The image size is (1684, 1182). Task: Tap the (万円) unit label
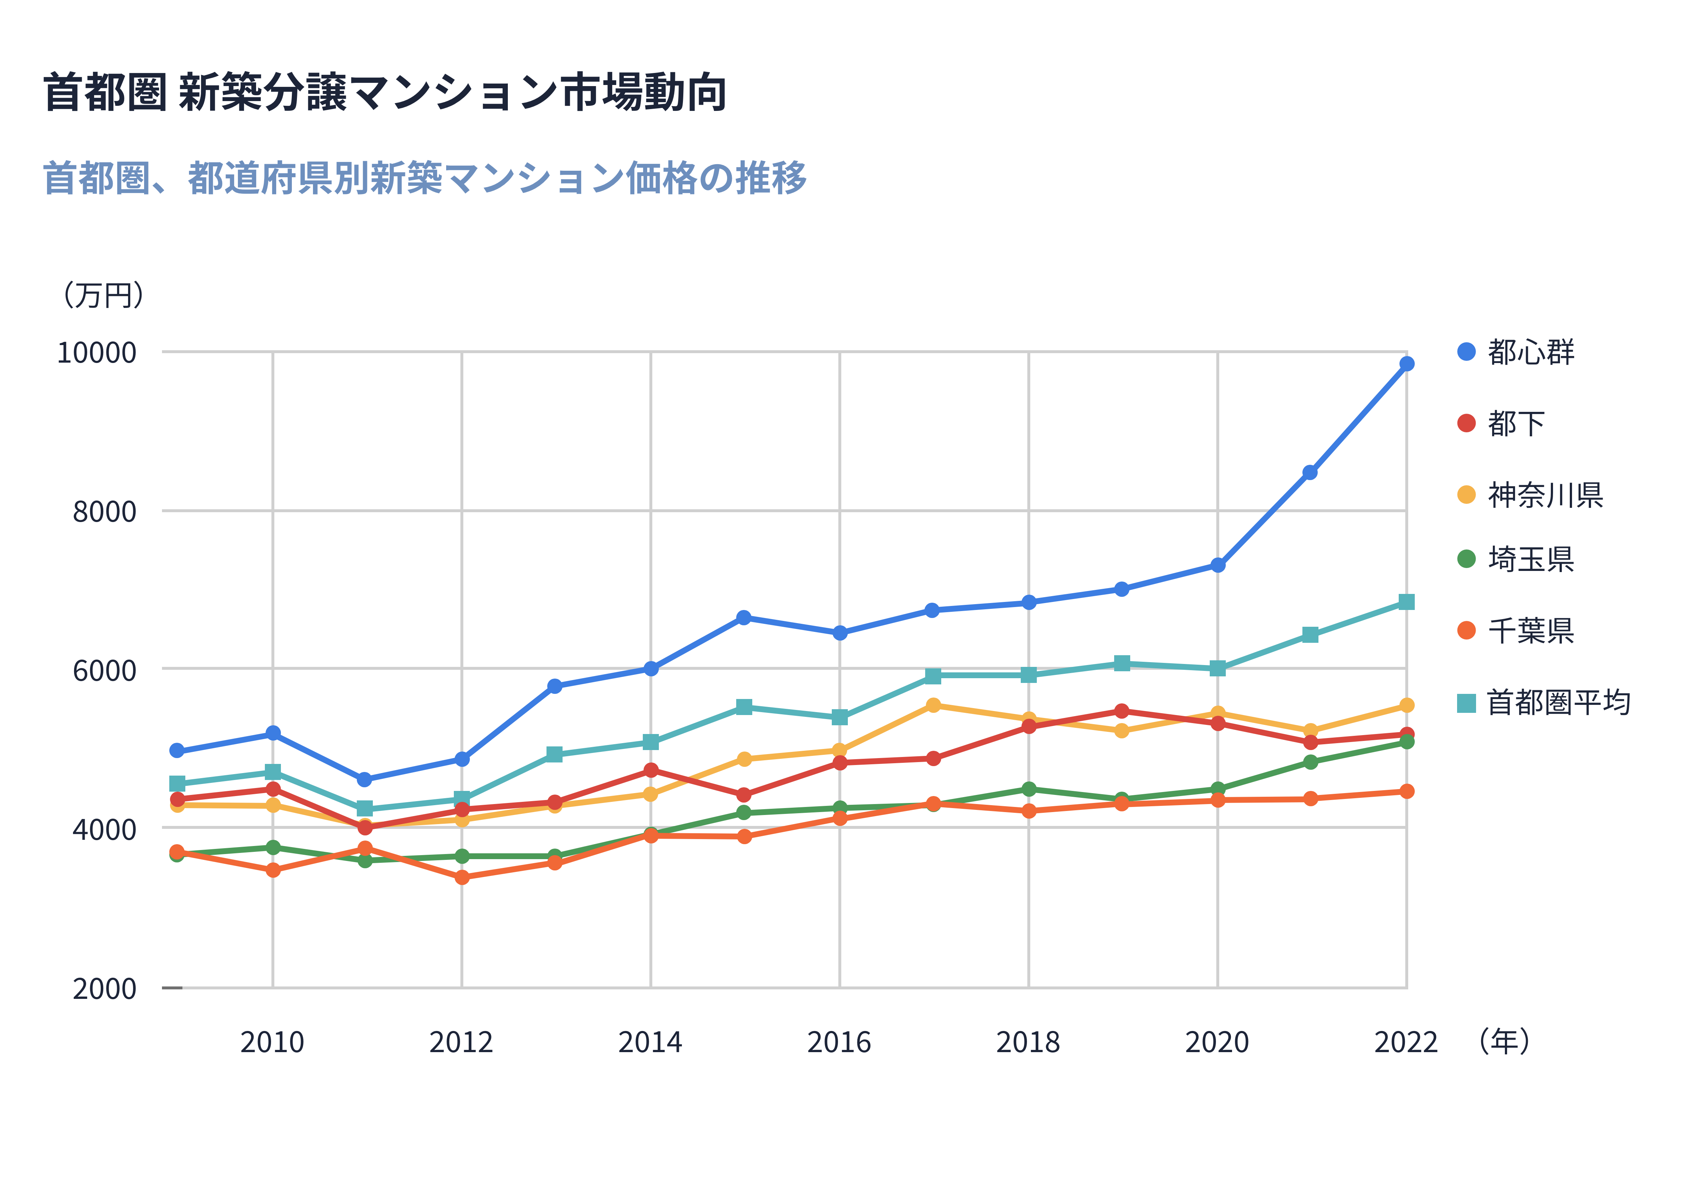coord(103,295)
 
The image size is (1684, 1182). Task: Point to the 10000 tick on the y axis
coord(97,353)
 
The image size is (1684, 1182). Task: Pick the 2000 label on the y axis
coord(104,988)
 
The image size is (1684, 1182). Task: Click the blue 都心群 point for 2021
coord(1310,472)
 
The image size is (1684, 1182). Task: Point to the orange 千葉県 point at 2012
coord(461,877)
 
